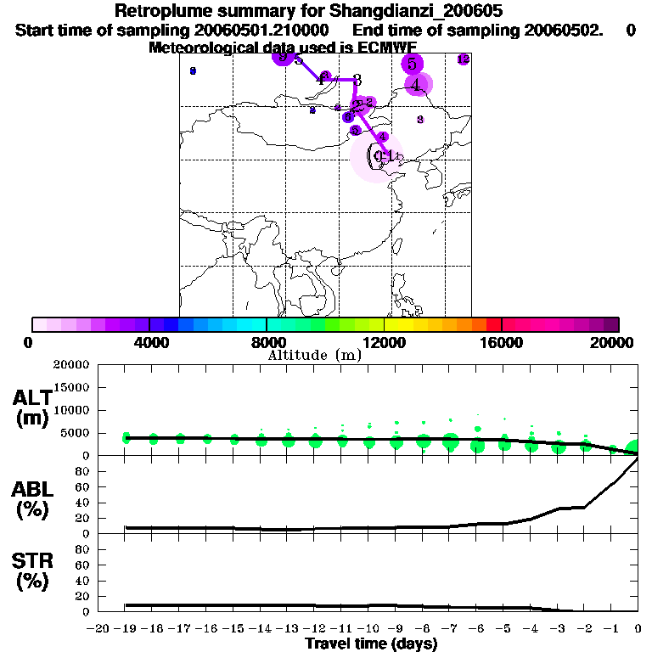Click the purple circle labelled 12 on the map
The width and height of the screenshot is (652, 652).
[463, 59]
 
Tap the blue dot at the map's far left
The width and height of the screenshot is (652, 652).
[193, 71]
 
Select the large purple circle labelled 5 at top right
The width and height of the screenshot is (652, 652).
[412, 64]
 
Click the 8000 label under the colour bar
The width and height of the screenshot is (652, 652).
[267, 342]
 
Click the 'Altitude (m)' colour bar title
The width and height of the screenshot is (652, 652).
[314, 355]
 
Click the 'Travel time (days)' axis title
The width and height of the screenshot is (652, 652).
[371, 644]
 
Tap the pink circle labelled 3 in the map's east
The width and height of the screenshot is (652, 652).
[420, 120]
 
